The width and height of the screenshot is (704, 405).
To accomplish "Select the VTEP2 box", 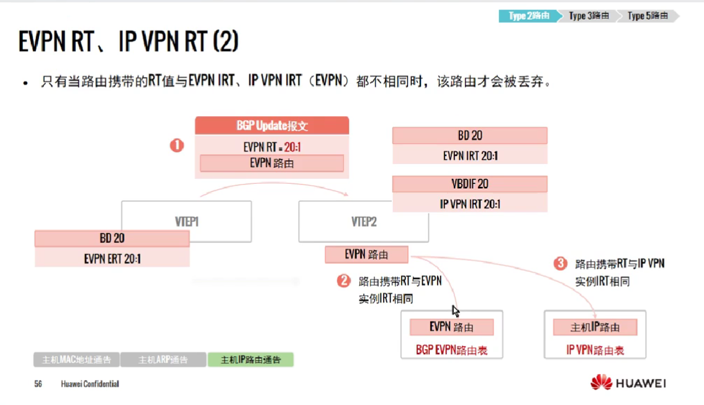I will click(x=363, y=221).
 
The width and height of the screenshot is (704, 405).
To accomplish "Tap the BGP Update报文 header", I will click(x=272, y=126).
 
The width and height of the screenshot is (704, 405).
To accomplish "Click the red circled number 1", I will click(x=177, y=146).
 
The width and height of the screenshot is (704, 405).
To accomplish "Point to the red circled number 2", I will click(x=343, y=281).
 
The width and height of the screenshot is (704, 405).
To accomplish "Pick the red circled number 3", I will click(x=560, y=263).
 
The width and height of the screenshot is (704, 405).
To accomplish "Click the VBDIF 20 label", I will click(x=470, y=184).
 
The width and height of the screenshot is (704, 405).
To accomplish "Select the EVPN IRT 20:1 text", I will click(x=470, y=155).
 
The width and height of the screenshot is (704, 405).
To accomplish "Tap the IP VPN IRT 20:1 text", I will click(x=470, y=203).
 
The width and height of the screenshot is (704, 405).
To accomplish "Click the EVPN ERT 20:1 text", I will click(x=112, y=258).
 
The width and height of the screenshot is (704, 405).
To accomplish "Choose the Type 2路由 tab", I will click(x=528, y=16).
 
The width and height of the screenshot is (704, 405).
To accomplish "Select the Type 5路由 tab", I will click(x=647, y=16).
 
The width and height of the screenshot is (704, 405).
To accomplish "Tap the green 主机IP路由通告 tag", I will click(x=251, y=360).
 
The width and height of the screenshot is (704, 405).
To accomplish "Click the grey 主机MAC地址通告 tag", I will click(x=76, y=360).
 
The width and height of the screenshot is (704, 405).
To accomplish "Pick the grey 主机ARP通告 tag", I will click(x=163, y=360).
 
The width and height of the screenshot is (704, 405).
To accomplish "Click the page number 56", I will click(x=38, y=384).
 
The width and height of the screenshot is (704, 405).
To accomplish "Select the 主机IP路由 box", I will click(x=595, y=327).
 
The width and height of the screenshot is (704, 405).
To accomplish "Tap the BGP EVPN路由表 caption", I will click(x=451, y=350).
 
